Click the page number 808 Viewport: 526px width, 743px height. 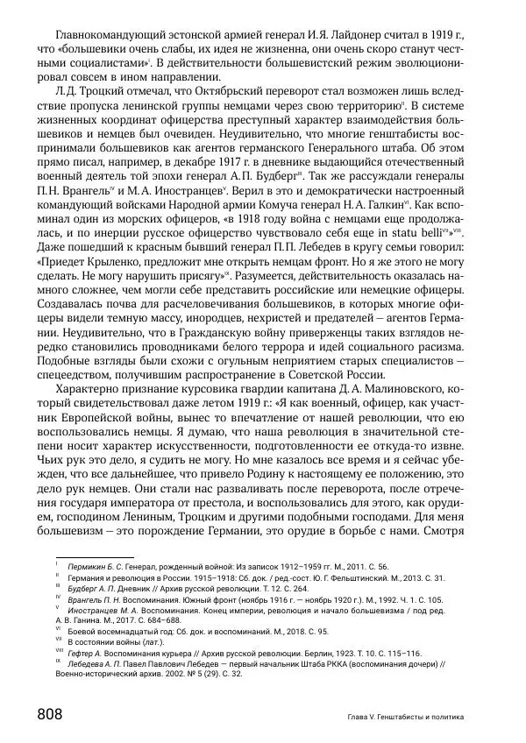pos(48,714)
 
